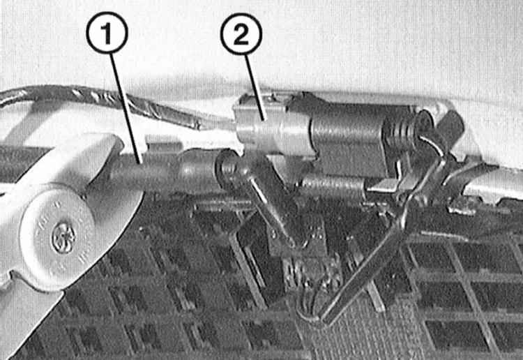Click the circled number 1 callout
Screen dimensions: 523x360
pos(107,32)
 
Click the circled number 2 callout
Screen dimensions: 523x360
pos(241,33)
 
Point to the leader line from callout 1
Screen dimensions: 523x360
pos(126,108)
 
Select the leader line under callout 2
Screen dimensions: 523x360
pos(255,87)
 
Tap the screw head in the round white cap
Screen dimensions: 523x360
pos(63,237)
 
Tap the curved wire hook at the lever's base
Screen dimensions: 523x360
pos(310,300)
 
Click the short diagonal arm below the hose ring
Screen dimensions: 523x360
pos(267,204)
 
